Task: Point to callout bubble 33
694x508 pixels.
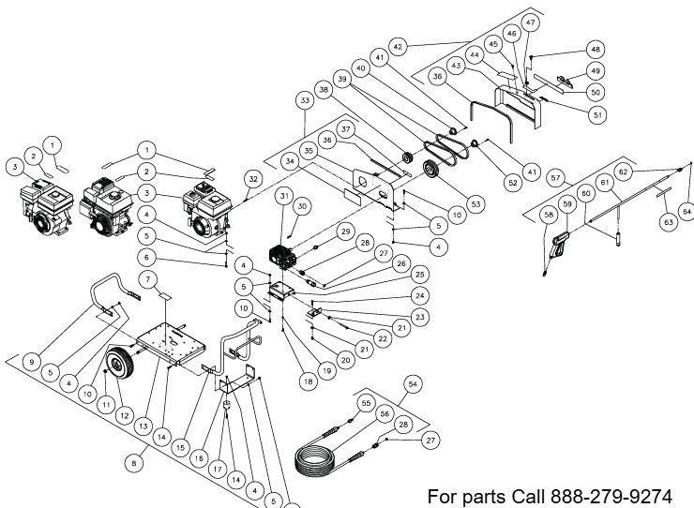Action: pos(305,98)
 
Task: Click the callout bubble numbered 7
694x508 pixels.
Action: pos(146,281)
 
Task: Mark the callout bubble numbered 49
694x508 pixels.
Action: pos(595,70)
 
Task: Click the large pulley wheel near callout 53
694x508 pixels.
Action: pos(432,172)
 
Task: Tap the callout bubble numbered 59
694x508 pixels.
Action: pos(567,203)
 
